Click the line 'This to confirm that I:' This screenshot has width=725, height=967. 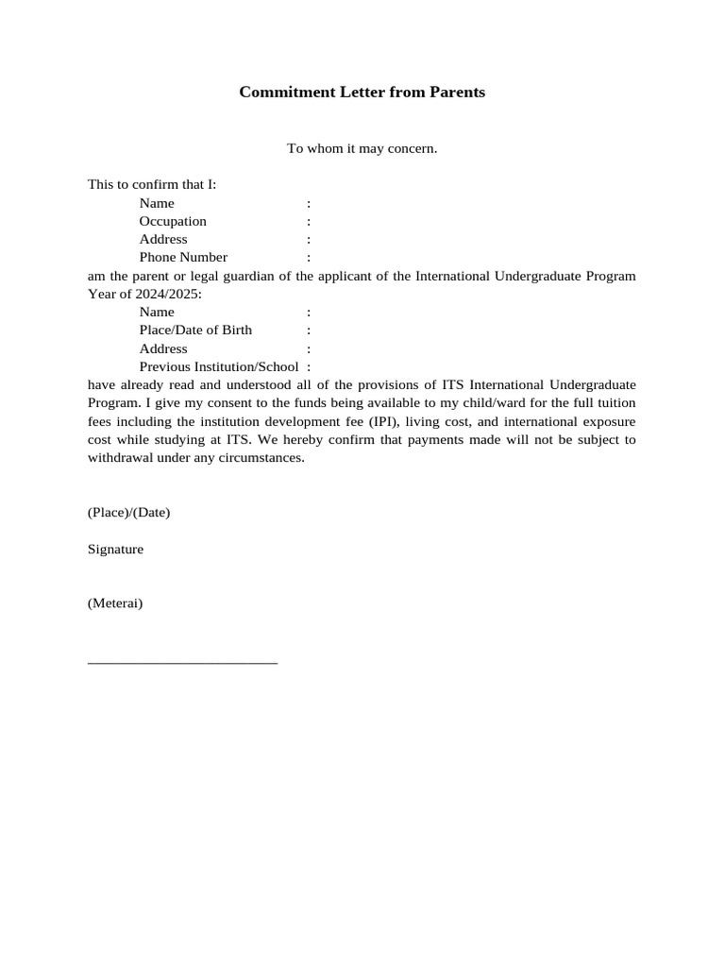click(152, 184)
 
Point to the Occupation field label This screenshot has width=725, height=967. click(173, 221)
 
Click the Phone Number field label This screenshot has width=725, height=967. click(183, 257)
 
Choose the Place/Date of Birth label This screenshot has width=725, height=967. click(195, 331)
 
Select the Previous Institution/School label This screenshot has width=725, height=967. click(219, 366)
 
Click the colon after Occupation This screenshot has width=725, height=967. click(309, 221)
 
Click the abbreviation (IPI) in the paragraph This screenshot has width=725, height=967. click(372, 421)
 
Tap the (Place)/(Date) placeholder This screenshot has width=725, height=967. click(128, 513)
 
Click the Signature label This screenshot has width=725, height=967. click(115, 549)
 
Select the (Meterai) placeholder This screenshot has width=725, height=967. click(115, 603)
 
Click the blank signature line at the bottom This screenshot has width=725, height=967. click(182, 662)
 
